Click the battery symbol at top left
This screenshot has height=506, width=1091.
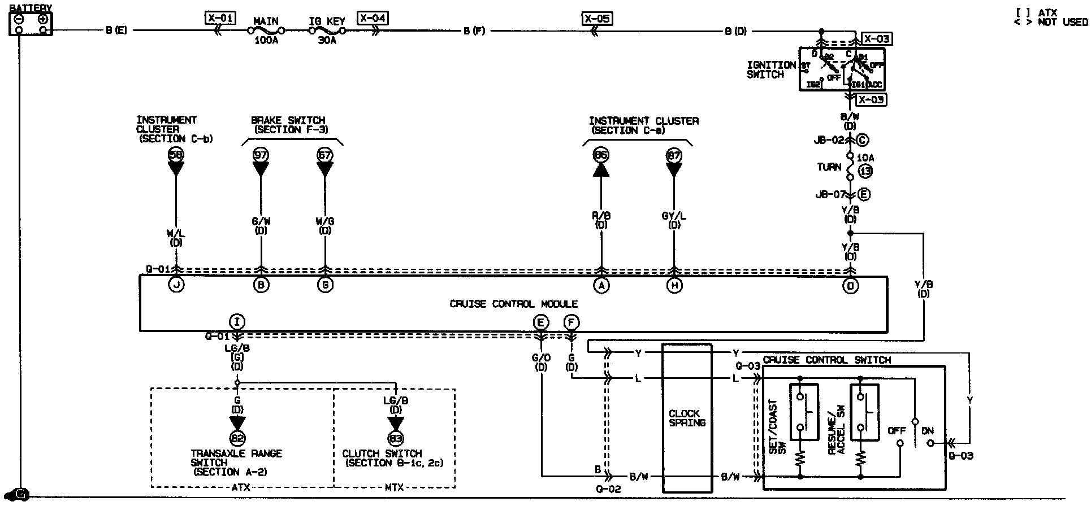[x=31, y=23]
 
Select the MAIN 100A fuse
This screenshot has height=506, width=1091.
[x=266, y=31]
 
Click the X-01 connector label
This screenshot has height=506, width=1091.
[x=220, y=18]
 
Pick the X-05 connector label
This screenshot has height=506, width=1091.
[x=597, y=19]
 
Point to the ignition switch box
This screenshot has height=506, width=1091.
[x=842, y=69]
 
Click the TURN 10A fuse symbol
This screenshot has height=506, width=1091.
[x=850, y=167]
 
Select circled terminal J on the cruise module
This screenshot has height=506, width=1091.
[x=176, y=286]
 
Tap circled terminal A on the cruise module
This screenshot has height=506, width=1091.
[x=601, y=286]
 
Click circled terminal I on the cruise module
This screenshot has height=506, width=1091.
[x=237, y=322]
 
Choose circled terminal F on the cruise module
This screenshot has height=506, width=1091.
[x=571, y=322]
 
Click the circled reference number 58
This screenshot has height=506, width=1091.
[x=176, y=155]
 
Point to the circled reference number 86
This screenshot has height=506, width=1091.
[x=601, y=155]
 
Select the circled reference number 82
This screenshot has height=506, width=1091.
[x=237, y=438]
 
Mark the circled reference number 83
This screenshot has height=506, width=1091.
[x=396, y=438]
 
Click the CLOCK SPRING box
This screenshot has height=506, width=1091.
[x=687, y=418]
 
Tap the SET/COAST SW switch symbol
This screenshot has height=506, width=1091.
[x=803, y=412]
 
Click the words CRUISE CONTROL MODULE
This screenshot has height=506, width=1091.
[x=513, y=304]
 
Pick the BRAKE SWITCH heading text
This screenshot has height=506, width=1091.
[x=288, y=120]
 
